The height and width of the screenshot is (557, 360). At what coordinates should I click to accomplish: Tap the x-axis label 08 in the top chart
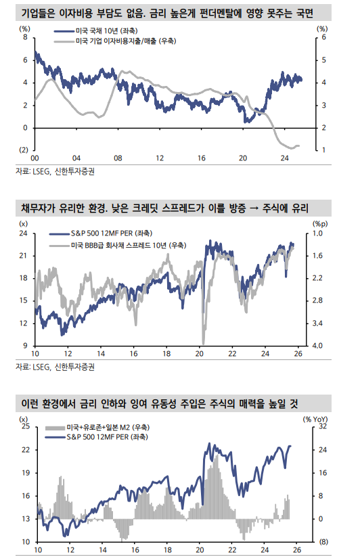[x=118, y=157]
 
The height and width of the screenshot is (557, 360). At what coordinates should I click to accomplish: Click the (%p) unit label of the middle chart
[x=319, y=223]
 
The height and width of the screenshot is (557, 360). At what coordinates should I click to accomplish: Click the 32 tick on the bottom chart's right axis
[x=322, y=427]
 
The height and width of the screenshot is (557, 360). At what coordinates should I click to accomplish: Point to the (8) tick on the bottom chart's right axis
[x=323, y=541]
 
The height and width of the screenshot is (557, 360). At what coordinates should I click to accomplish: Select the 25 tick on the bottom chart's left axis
[x=25, y=427]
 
